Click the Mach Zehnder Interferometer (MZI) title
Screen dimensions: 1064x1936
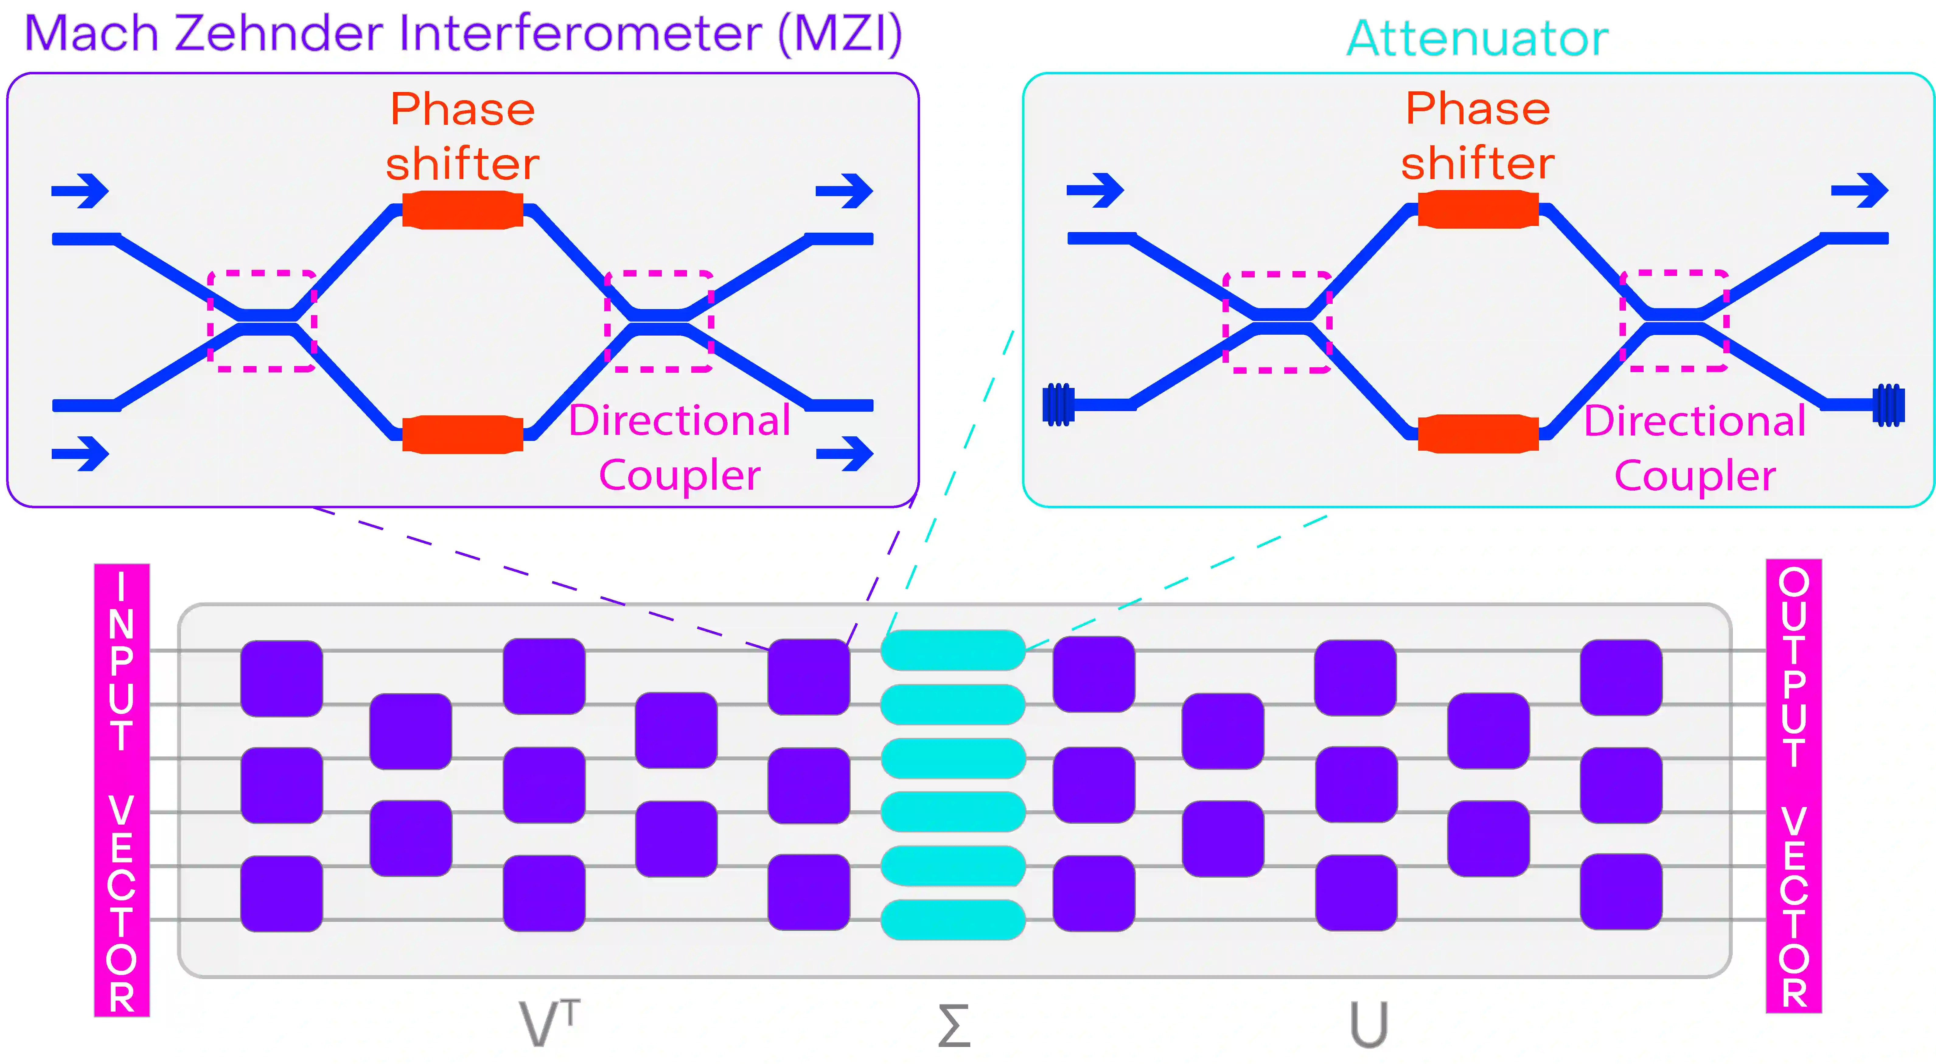point(462,34)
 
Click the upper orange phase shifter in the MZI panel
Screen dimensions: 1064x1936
point(462,210)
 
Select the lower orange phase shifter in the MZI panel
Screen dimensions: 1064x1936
point(462,434)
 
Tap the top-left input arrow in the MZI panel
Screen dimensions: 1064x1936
point(80,191)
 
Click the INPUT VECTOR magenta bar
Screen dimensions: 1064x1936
point(122,790)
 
